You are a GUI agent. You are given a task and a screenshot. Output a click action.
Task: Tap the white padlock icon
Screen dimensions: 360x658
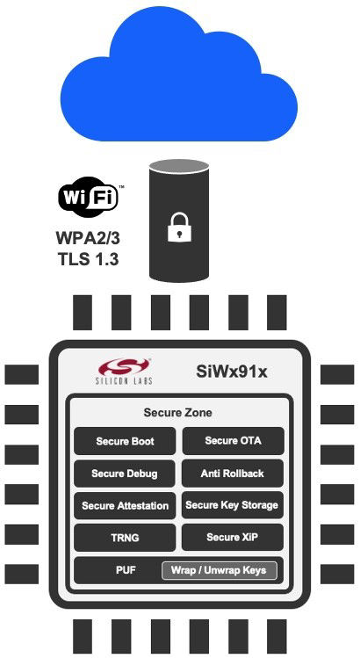(180, 227)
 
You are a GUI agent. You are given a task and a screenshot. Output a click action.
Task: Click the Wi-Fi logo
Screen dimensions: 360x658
(88, 197)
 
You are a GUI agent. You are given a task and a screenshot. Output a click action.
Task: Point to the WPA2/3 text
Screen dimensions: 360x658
(88, 238)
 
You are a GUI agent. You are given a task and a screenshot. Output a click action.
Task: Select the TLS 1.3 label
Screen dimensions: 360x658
(89, 258)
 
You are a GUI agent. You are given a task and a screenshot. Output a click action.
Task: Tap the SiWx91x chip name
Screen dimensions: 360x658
(232, 372)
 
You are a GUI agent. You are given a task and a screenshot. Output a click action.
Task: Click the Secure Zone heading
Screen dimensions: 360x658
(178, 412)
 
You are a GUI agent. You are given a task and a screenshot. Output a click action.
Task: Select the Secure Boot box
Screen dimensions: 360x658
(125, 441)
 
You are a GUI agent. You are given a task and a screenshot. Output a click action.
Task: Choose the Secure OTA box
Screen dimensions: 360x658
(233, 441)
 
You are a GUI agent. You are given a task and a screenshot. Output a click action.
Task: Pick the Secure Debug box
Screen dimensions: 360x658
(124, 474)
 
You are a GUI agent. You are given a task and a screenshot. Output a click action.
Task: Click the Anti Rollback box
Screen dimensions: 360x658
(233, 474)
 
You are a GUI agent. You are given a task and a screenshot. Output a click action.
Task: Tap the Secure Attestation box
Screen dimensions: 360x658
(125, 506)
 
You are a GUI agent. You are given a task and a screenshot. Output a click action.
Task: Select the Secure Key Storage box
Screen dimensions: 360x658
(233, 505)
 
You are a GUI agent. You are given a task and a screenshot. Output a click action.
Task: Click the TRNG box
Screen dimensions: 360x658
(125, 538)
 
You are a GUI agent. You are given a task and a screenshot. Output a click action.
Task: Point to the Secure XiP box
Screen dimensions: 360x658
(233, 537)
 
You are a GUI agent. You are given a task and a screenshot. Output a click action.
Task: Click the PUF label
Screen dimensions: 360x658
(126, 570)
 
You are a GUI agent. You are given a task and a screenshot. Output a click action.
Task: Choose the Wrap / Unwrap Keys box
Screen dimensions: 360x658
(219, 570)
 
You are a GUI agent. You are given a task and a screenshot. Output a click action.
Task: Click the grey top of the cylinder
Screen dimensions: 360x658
(179, 167)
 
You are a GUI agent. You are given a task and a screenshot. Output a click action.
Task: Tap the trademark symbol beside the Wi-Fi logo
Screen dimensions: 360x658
(122, 187)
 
